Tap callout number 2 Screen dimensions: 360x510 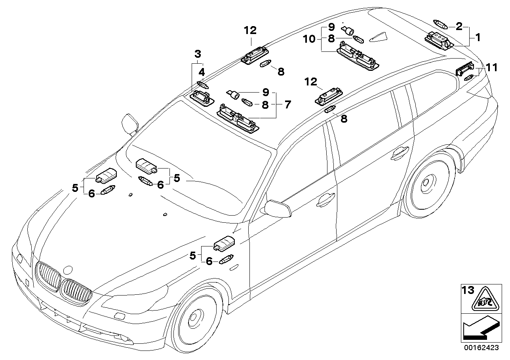[459, 27]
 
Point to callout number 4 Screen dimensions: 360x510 [202, 72]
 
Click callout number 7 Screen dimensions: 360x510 [287, 105]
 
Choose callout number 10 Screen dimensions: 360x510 [310, 39]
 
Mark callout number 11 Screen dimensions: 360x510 [491, 68]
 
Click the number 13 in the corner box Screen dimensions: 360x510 [468, 290]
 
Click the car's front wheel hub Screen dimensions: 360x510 [194, 317]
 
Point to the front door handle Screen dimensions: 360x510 [325, 199]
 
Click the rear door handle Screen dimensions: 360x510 [399, 154]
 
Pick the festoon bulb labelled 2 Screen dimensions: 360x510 [440, 24]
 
